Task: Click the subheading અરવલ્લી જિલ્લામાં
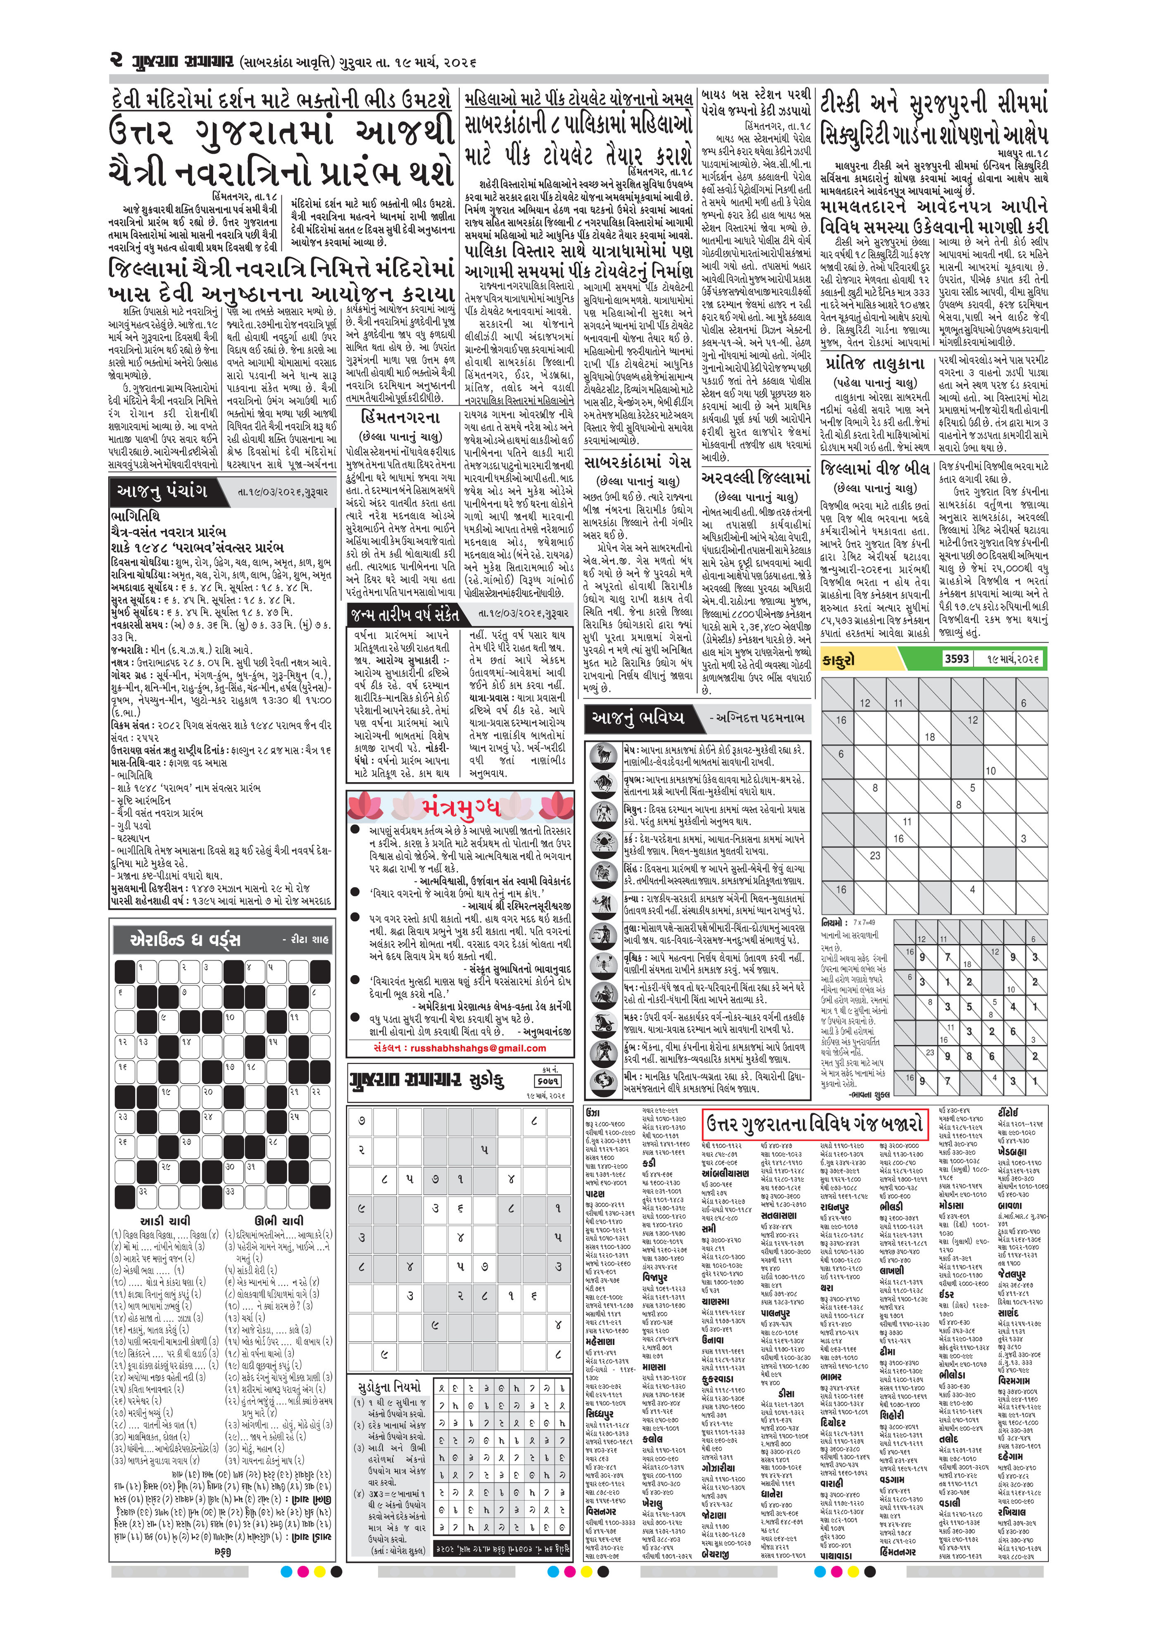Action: click(756, 478)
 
